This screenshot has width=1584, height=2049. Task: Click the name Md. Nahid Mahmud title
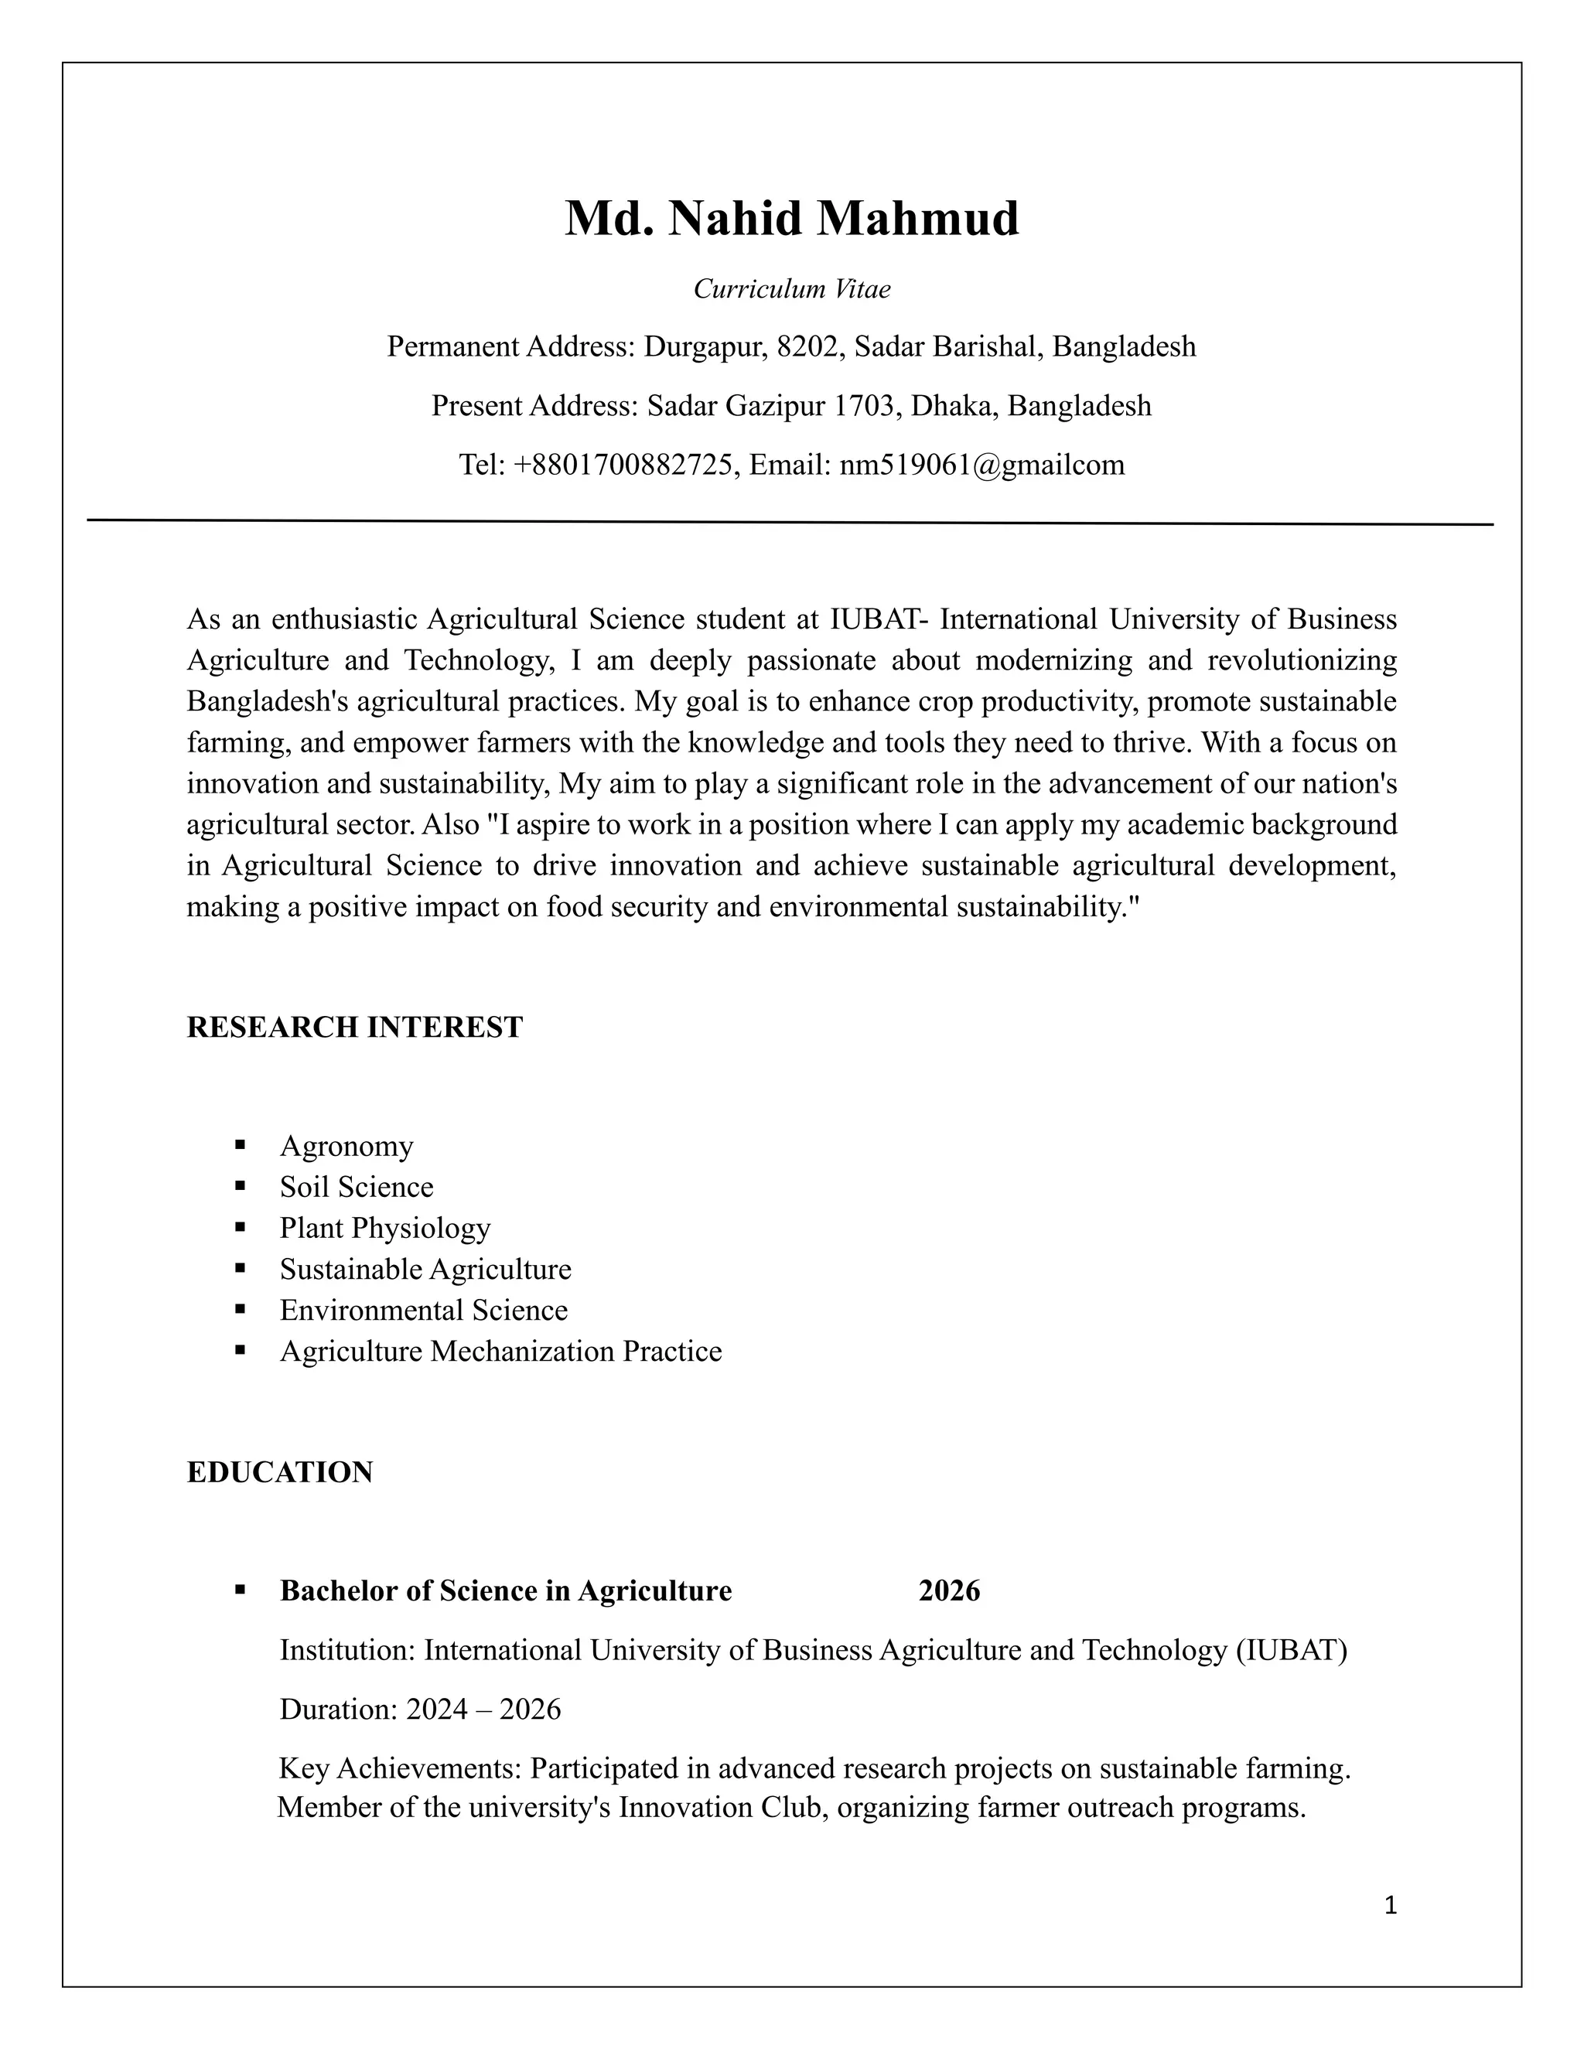tap(791, 219)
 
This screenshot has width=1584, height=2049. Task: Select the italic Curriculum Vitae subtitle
tap(791, 289)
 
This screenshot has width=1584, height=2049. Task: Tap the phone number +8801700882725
tap(622, 465)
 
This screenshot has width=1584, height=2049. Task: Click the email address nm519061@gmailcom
tap(981, 465)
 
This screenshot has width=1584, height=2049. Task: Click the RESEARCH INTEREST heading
tap(355, 1028)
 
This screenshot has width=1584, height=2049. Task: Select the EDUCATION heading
tap(280, 1472)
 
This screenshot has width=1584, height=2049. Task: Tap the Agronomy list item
tap(346, 1146)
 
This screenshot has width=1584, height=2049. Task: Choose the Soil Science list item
tap(357, 1187)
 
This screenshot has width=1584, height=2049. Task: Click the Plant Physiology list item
tap(384, 1228)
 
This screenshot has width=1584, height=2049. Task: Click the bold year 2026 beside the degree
tap(949, 1590)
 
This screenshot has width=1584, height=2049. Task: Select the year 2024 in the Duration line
tap(436, 1710)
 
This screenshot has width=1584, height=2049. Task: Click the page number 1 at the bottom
tap(1390, 1905)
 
